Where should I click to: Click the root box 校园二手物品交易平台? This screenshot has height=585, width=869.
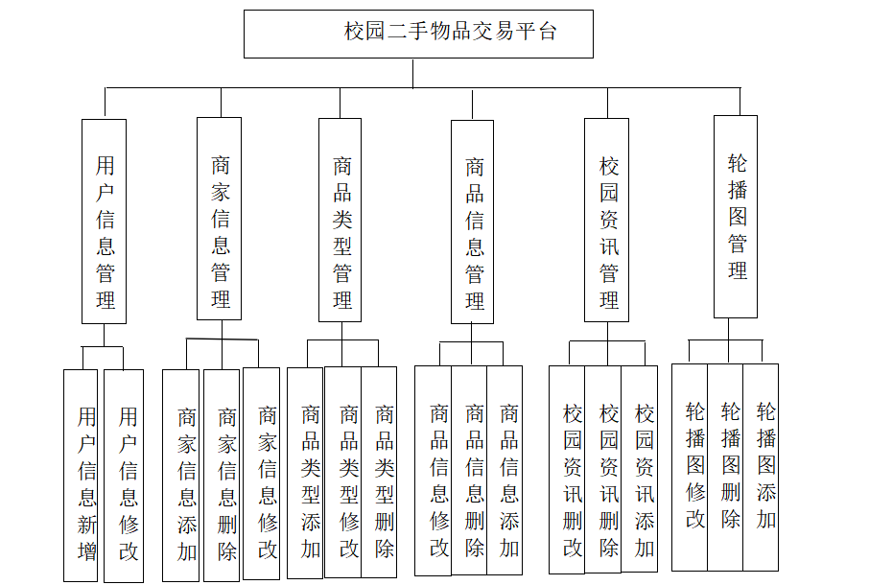(x=418, y=34)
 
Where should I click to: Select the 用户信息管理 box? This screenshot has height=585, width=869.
(x=105, y=221)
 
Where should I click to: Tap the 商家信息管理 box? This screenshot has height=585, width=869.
(x=220, y=219)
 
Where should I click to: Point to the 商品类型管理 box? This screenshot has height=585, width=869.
(x=341, y=220)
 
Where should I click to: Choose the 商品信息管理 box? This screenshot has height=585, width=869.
(x=473, y=222)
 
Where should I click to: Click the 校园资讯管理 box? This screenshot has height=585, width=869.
(x=607, y=220)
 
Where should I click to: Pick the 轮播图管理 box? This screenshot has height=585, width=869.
(x=736, y=217)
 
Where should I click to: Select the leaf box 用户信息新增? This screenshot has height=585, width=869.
(x=82, y=476)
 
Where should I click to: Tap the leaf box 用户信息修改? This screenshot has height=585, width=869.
(x=124, y=476)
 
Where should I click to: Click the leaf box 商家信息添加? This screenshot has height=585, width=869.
(x=181, y=476)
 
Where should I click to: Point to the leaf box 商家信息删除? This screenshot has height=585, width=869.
(x=222, y=476)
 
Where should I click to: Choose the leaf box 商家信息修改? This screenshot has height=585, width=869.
(x=262, y=474)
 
